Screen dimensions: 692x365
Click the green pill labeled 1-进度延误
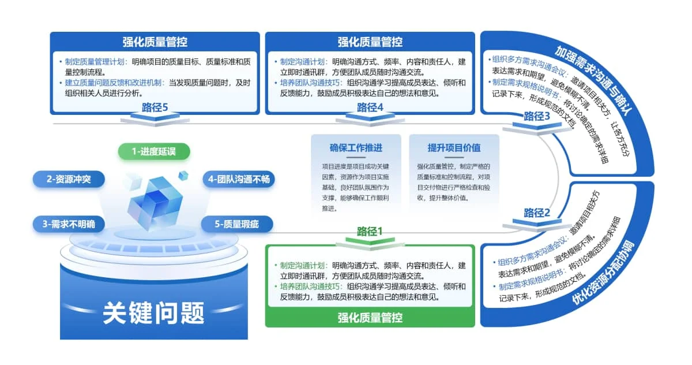click(154, 151)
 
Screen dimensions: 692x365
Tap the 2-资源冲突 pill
click(69, 179)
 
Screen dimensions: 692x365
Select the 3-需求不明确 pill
click(69, 224)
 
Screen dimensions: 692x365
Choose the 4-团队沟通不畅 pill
click(239, 179)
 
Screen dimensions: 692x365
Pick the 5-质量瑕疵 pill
click(237, 224)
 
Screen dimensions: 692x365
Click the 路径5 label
click(155, 107)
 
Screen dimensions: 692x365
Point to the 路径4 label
click(370, 107)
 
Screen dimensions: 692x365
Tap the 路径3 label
click(537, 116)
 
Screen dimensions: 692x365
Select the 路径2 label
click(537, 213)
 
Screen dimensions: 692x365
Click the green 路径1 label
click(370, 231)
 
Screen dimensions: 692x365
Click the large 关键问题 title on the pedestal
click(153, 313)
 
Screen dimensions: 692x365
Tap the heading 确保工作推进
click(356, 148)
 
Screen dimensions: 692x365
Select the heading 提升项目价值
click(454, 148)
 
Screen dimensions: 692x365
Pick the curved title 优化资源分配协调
click(603, 273)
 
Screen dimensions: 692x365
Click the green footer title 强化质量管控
click(370, 318)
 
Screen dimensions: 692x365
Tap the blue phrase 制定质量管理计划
click(95, 62)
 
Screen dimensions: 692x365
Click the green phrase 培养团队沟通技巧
click(310, 286)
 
